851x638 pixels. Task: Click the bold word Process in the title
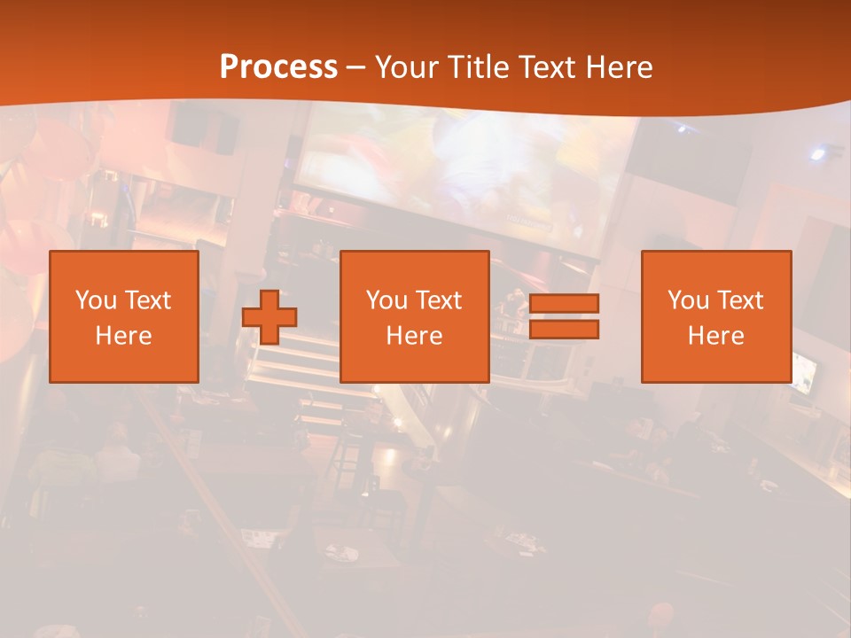coord(278,66)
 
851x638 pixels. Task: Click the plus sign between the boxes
coord(269,317)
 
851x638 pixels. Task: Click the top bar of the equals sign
coord(564,304)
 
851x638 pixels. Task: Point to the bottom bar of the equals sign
coord(564,329)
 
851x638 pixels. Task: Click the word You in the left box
coord(96,300)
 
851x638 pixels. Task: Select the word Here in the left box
coord(124,336)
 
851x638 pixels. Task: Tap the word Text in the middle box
coord(439,300)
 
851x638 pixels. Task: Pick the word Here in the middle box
coord(415,336)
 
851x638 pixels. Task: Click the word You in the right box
coord(689,300)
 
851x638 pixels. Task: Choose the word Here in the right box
coord(716,336)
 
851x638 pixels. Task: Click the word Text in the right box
coord(740,300)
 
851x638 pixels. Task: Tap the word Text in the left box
coord(147,300)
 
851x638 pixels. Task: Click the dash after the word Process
coord(355,68)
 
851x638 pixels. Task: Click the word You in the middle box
coord(386,300)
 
